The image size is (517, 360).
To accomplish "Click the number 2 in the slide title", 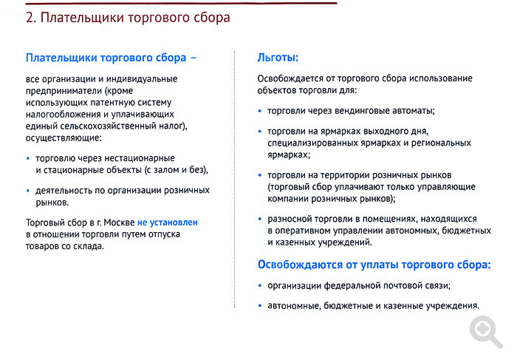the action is (x=30, y=18).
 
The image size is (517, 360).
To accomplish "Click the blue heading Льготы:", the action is (x=278, y=58).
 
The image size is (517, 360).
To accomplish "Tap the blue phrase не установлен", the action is (x=168, y=223).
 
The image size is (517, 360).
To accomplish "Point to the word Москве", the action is (x=119, y=223).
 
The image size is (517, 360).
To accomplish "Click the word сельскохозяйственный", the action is (x=106, y=126).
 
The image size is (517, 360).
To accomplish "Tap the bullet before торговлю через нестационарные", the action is (x=28, y=159).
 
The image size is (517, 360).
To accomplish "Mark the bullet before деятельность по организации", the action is (x=28, y=191).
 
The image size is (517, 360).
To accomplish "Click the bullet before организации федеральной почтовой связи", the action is (x=260, y=286).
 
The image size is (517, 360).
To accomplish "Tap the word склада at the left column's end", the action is (x=91, y=246).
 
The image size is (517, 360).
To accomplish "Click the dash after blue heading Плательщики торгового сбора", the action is (x=194, y=58).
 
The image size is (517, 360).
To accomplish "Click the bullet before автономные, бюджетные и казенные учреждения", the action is (x=260, y=306).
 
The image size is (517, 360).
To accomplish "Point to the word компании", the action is (x=288, y=199).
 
